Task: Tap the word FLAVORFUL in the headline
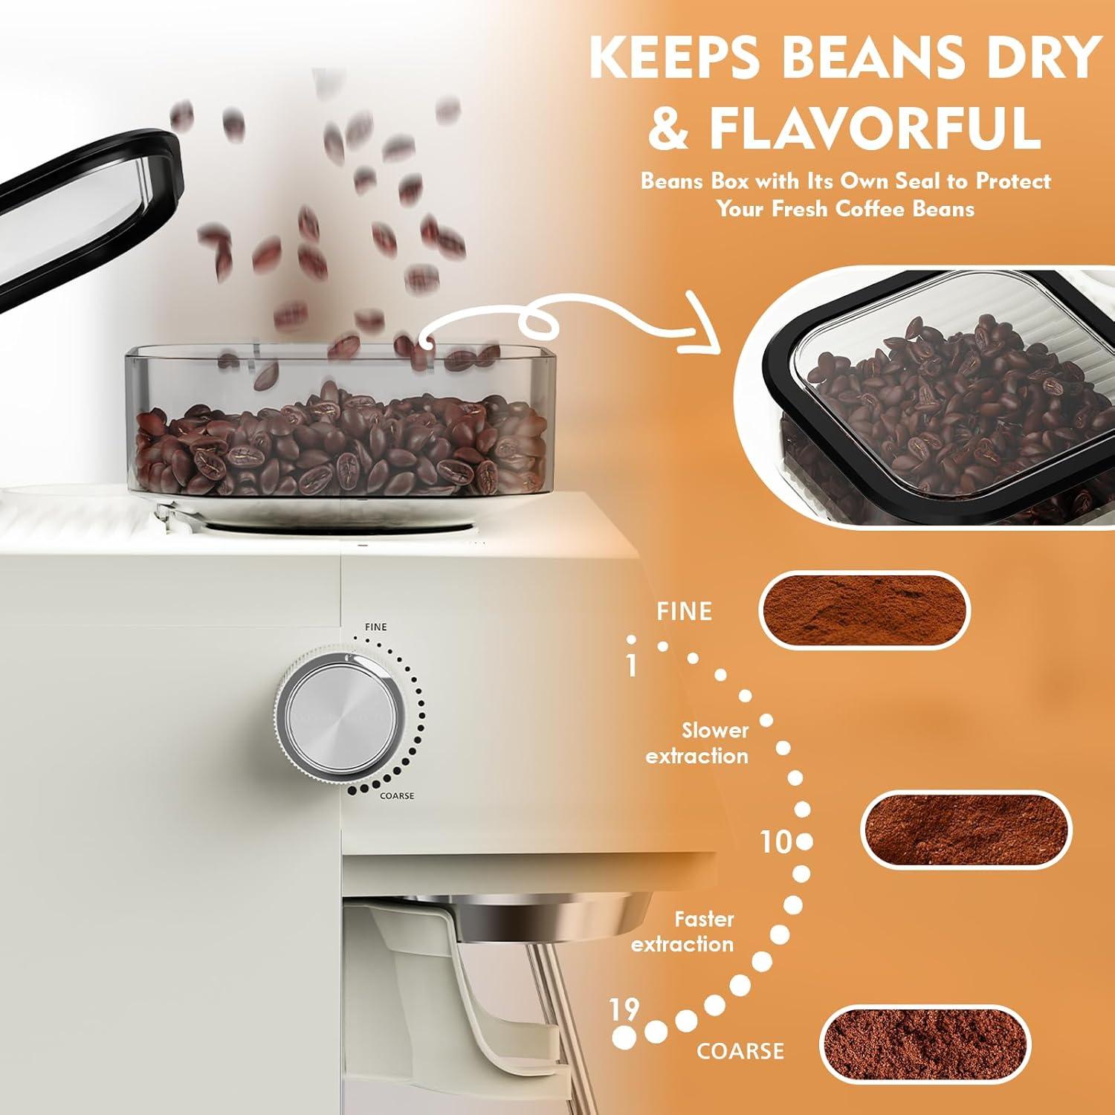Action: (x=876, y=128)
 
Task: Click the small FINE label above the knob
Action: (x=376, y=627)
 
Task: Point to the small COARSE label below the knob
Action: (x=397, y=795)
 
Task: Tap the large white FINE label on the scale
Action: (x=684, y=611)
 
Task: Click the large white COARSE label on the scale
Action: (x=740, y=1050)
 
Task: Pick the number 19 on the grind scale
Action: (x=624, y=1010)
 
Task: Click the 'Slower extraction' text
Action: (x=697, y=743)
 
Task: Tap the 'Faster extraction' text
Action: (x=683, y=931)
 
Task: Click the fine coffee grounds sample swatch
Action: (x=864, y=611)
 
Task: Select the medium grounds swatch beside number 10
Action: (x=965, y=829)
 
